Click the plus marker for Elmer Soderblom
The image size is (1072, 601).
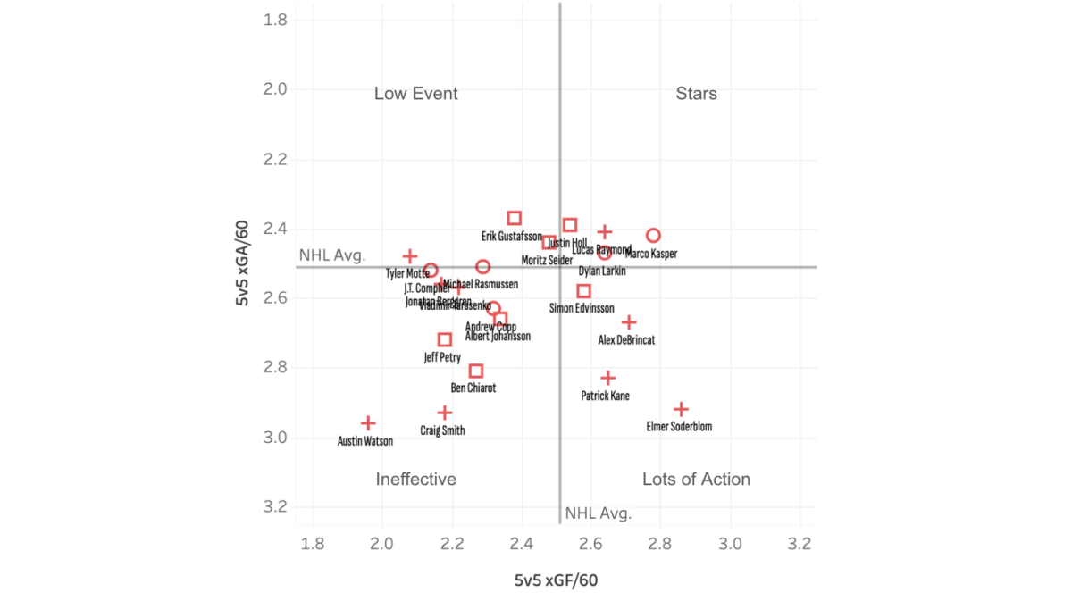pos(681,409)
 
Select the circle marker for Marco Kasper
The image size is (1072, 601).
pos(653,235)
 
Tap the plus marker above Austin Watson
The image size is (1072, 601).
pos(368,422)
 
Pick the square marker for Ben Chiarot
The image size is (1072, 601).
pos(476,371)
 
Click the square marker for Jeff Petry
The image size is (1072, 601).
pos(445,339)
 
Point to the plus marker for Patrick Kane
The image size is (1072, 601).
pos(608,378)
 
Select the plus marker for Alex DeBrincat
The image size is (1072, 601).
pos(629,322)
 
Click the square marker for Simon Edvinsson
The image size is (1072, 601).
pos(584,291)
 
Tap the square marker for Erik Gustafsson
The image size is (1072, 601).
pos(515,218)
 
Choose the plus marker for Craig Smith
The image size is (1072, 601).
pos(445,413)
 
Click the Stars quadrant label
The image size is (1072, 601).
pos(696,94)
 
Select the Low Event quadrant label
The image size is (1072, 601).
pos(415,94)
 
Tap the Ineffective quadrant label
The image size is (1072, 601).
pos(415,480)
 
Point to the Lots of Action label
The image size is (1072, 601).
pos(696,480)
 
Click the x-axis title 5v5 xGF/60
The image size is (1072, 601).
pos(556,580)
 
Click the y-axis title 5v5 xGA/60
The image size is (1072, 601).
pos(242,265)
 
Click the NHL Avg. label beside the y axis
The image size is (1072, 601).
pos(331,255)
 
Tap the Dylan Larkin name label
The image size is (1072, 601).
pos(602,271)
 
